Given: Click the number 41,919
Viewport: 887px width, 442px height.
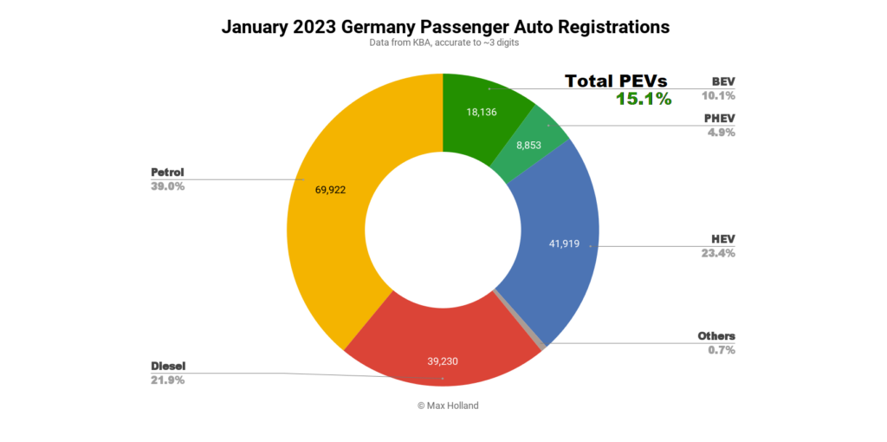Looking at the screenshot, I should [567, 244].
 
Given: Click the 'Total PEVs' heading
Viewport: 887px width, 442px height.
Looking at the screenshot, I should [616, 81].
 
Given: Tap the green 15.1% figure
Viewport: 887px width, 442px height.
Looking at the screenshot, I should [644, 99].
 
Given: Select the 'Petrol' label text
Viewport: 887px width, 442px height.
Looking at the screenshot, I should [168, 172].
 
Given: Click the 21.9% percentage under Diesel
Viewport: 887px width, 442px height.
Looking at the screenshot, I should [168, 380].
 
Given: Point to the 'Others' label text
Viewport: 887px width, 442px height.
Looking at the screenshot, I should [716, 336].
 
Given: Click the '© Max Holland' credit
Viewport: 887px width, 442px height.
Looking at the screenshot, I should [443, 406].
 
